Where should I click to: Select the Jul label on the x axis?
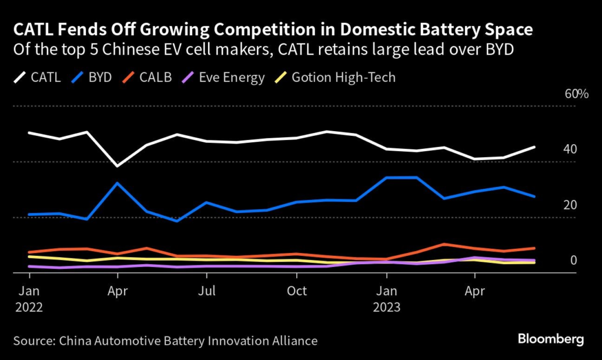[206, 291]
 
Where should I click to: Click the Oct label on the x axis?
[297, 291]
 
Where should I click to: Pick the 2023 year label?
[386, 307]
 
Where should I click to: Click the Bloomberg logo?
[550, 339]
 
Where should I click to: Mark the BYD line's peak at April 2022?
[118, 183]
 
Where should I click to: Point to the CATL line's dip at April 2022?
[118, 166]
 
